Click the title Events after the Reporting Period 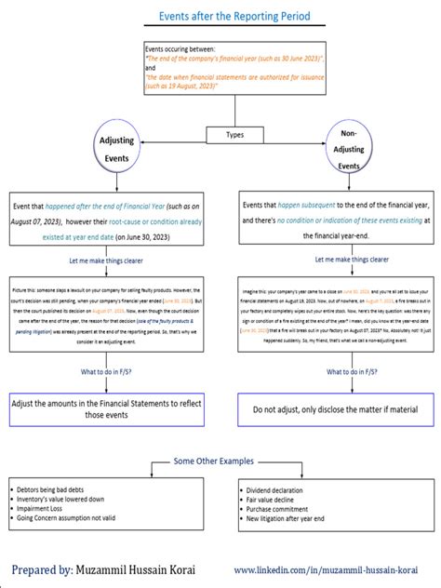click(220, 16)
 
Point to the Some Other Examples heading click(220, 461)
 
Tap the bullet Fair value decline click(276, 498)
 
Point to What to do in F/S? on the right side click(352, 372)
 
